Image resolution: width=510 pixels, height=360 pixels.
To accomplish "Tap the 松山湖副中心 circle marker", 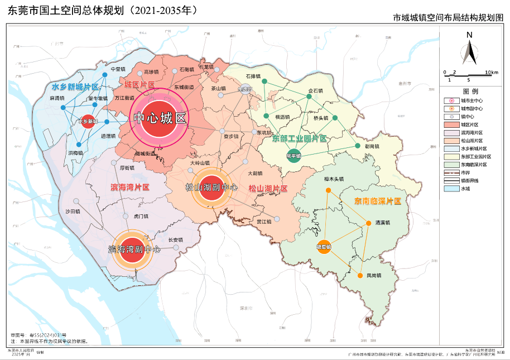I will click(211, 188).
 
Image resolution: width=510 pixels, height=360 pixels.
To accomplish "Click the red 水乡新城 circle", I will click(87, 121).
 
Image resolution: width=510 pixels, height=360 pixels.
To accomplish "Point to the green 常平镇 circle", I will click(293, 156).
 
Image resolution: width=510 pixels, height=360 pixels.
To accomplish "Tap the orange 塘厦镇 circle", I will click(324, 246).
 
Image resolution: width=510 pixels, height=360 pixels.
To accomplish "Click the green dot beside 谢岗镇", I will click(358, 146).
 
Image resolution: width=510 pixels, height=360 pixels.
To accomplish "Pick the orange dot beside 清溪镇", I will click(368, 223).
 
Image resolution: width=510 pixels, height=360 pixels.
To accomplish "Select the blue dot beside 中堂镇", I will click(104, 74).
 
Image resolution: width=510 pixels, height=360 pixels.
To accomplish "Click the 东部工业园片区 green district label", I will click(299, 138).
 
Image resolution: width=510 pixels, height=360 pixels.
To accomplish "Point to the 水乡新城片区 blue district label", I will click(75, 87).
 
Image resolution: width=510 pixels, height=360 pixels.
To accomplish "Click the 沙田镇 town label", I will click(73, 212).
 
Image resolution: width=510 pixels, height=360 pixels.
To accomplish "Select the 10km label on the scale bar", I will click(491, 73).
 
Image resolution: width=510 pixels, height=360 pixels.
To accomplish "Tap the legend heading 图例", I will click(470, 91).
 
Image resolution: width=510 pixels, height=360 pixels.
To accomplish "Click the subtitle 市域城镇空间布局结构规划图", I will click(448, 18).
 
